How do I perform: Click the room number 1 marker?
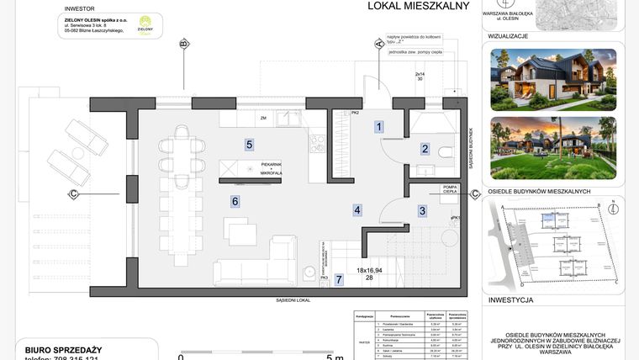pos(379,127)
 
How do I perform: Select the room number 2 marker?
pos(425,149)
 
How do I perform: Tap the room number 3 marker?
pos(422,211)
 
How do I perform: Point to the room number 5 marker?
pos(250,144)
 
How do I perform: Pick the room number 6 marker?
pos(235,201)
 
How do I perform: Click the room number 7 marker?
pos(339,279)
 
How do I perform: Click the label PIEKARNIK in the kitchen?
pos(272,164)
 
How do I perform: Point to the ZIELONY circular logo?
pos(145,24)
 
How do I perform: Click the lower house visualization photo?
pos(553,147)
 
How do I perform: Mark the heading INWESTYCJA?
pos(510,300)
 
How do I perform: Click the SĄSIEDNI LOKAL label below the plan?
pos(293,300)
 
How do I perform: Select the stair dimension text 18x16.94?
pos(370,271)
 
